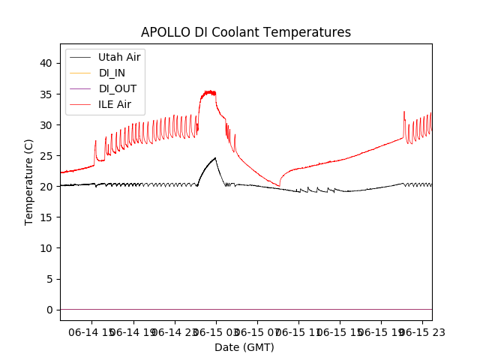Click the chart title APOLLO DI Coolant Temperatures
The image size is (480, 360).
coord(246,33)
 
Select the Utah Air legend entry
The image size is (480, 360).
coord(119,57)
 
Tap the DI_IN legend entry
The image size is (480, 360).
coord(112,73)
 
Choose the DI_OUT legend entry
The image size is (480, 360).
coord(118,88)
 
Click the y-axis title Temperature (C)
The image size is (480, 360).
coord(29,181)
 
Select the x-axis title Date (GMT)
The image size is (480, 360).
coord(244,347)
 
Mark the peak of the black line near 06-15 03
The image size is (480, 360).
coord(215,157)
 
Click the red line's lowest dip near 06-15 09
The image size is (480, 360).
coord(279,186)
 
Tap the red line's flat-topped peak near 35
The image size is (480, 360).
coord(208,92)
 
